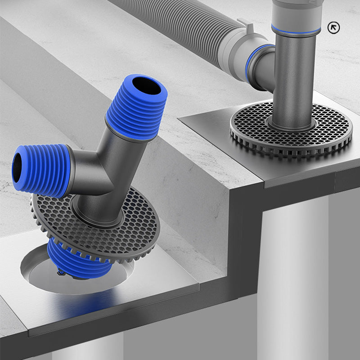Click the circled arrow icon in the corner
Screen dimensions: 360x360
pyautogui.click(x=333, y=27)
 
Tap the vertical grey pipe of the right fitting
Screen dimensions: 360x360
pyautogui.click(x=295, y=81)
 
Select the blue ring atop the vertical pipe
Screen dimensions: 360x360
pyautogui.click(x=296, y=30)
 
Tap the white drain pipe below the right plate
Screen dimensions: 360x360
pyautogui.click(x=292, y=270)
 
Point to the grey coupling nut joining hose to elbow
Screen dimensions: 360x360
pyautogui.click(x=234, y=45)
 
